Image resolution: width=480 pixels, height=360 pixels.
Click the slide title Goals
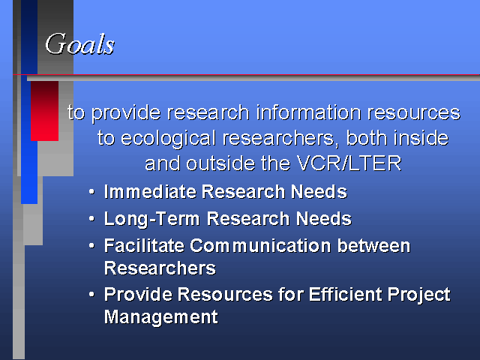[x=80, y=44]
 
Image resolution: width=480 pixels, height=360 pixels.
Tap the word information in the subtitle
[x=308, y=112]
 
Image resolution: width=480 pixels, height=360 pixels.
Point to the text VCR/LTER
[x=349, y=163]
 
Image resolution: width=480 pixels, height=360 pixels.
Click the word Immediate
[x=150, y=192]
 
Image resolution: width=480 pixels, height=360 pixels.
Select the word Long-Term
[x=151, y=220]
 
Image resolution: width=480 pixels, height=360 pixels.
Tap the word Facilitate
[x=144, y=245]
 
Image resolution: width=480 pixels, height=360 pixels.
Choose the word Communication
[x=260, y=245]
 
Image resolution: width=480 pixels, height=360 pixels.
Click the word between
[x=373, y=245]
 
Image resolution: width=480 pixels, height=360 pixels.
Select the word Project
[x=418, y=295]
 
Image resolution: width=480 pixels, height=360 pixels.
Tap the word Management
[x=161, y=316]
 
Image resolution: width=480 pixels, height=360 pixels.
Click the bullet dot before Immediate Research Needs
[x=91, y=192]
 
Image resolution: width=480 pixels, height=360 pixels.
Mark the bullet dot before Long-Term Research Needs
[x=91, y=219]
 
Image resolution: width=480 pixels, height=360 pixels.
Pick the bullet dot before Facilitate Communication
[x=91, y=246]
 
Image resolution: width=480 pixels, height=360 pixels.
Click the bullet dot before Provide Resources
[x=91, y=295]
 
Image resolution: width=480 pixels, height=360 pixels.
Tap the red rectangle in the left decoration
[x=45, y=111]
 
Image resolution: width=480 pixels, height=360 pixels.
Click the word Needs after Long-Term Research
[x=323, y=219]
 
